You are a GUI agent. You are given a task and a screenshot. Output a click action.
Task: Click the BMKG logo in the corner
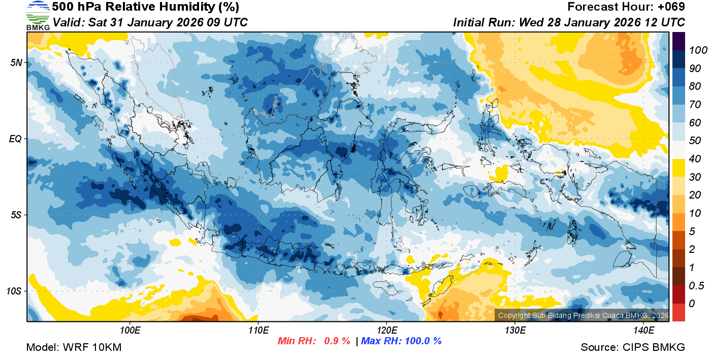coord(38,16)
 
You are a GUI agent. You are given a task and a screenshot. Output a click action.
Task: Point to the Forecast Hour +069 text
coord(626,7)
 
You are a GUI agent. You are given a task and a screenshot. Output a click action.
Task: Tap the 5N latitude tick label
coord(16,62)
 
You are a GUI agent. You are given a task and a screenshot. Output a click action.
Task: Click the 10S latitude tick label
coord(14,291)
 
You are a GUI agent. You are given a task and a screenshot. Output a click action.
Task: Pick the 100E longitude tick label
coord(130,331)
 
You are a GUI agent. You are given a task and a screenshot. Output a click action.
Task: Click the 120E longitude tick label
coord(387,331)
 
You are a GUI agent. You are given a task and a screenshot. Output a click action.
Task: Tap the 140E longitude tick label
coord(643,331)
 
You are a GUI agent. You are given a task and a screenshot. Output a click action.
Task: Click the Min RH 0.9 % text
coord(313,341)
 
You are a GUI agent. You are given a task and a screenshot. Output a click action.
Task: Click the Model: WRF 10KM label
coord(74,348)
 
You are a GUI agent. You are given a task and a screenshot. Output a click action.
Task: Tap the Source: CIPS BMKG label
coord(633,348)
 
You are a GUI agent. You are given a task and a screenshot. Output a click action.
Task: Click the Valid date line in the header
coord(150,23)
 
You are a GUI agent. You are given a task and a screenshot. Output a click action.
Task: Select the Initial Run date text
coord(569,23)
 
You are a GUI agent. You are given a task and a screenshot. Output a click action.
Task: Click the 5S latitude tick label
coord(16,215)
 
